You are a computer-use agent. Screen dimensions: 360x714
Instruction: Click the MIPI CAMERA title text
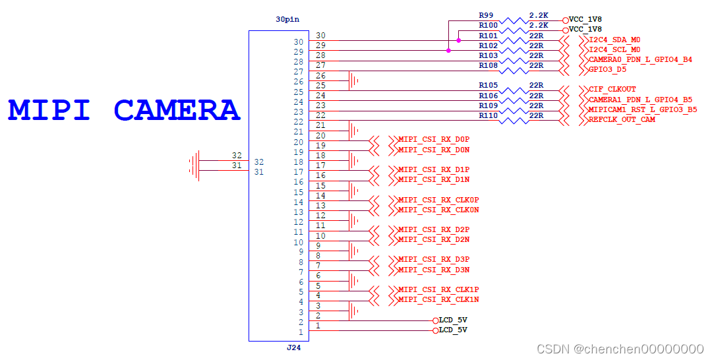(124, 109)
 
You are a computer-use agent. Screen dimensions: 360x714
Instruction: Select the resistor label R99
(486, 15)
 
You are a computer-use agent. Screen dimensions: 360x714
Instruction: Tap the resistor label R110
(489, 115)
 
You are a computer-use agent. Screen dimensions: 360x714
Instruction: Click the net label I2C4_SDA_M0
(614, 40)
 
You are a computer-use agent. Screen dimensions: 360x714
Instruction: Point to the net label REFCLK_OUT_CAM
(622, 119)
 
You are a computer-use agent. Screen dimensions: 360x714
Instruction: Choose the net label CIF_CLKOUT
(612, 89)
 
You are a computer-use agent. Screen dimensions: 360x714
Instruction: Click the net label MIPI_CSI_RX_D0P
(434, 140)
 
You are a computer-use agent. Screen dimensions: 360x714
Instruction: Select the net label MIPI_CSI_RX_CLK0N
(438, 210)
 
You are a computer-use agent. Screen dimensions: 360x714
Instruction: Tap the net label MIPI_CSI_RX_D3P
(434, 259)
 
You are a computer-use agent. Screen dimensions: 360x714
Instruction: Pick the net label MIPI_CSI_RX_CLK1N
(438, 299)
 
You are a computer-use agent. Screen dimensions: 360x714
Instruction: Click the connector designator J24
(293, 347)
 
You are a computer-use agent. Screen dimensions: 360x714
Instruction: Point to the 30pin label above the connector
(287, 19)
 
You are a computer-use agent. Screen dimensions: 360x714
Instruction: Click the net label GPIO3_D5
(607, 69)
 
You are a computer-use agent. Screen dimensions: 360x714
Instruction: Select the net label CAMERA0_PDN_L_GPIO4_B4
(640, 59)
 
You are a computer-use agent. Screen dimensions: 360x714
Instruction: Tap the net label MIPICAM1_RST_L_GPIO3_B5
(643, 109)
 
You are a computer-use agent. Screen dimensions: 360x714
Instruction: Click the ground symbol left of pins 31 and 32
(194, 165)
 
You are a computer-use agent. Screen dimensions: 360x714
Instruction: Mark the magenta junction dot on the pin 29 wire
(448, 50)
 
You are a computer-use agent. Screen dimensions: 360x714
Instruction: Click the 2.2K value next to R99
(539, 15)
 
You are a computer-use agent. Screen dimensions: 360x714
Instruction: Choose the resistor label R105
(489, 85)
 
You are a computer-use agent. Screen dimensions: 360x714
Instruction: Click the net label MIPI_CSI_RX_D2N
(434, 239)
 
